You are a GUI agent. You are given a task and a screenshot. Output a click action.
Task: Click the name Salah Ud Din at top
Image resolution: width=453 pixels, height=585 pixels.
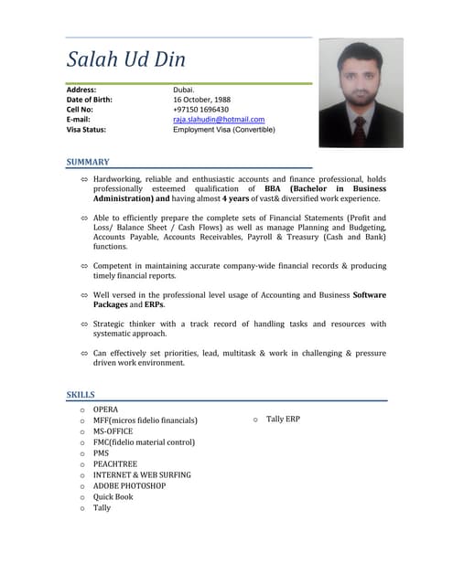(x=126, y=60)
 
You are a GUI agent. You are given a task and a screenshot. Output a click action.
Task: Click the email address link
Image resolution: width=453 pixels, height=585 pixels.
(x=219, y=119)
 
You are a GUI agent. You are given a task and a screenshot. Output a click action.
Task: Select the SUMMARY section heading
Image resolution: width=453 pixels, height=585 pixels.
(x=88, y=162)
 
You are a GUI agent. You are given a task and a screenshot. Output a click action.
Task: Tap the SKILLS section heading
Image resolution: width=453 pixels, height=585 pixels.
(x=81, y=394)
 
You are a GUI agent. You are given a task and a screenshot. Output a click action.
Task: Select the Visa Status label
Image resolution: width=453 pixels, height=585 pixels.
(x=90, y=129)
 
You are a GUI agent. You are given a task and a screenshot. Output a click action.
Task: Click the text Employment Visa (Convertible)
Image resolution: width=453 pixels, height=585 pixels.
(x=224, y=129)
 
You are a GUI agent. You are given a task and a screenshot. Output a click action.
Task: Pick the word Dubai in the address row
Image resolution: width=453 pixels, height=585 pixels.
(x=183, y=90)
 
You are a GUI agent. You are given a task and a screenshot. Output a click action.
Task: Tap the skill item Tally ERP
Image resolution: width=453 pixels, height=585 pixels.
(x=283, y=419)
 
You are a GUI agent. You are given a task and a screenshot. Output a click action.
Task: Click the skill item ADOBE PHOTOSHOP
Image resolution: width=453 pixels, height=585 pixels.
(x=129, y=485)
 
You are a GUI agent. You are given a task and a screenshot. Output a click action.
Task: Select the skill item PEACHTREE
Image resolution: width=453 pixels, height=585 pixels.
(x=115, y=463)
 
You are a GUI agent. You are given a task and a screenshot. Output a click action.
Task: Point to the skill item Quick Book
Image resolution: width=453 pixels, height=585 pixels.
(x=113, y=496)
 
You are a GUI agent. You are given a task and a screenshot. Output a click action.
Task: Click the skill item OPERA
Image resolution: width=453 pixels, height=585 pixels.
(x=105, y=409)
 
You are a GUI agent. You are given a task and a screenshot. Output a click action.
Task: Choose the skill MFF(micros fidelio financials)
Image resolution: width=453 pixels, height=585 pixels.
(x=145, y=420)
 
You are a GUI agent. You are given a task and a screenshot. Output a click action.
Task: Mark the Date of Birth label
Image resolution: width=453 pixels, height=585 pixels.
(x=90, y=99)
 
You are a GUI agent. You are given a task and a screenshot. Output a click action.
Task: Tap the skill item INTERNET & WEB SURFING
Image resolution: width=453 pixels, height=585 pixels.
(x=142, y=474)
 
